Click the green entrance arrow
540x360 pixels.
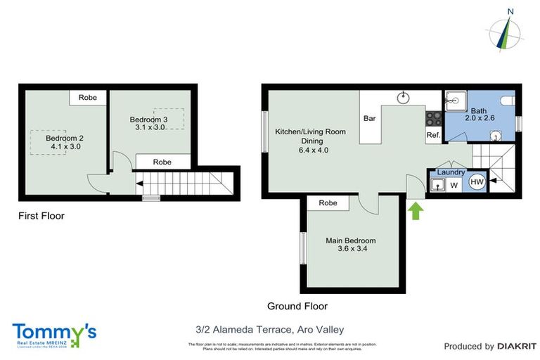416,210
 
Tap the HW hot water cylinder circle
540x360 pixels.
477,182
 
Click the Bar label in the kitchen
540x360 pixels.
369,119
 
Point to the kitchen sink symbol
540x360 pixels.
404,98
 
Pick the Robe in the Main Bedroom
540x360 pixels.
328,202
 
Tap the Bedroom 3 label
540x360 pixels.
148,124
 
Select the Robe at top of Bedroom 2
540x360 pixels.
87,98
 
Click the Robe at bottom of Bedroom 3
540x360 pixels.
162,162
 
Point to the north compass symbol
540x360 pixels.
504,31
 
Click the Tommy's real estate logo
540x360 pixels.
54,333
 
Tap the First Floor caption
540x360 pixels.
41,216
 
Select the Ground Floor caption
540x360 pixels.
297,306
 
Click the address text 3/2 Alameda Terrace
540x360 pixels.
269,329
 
